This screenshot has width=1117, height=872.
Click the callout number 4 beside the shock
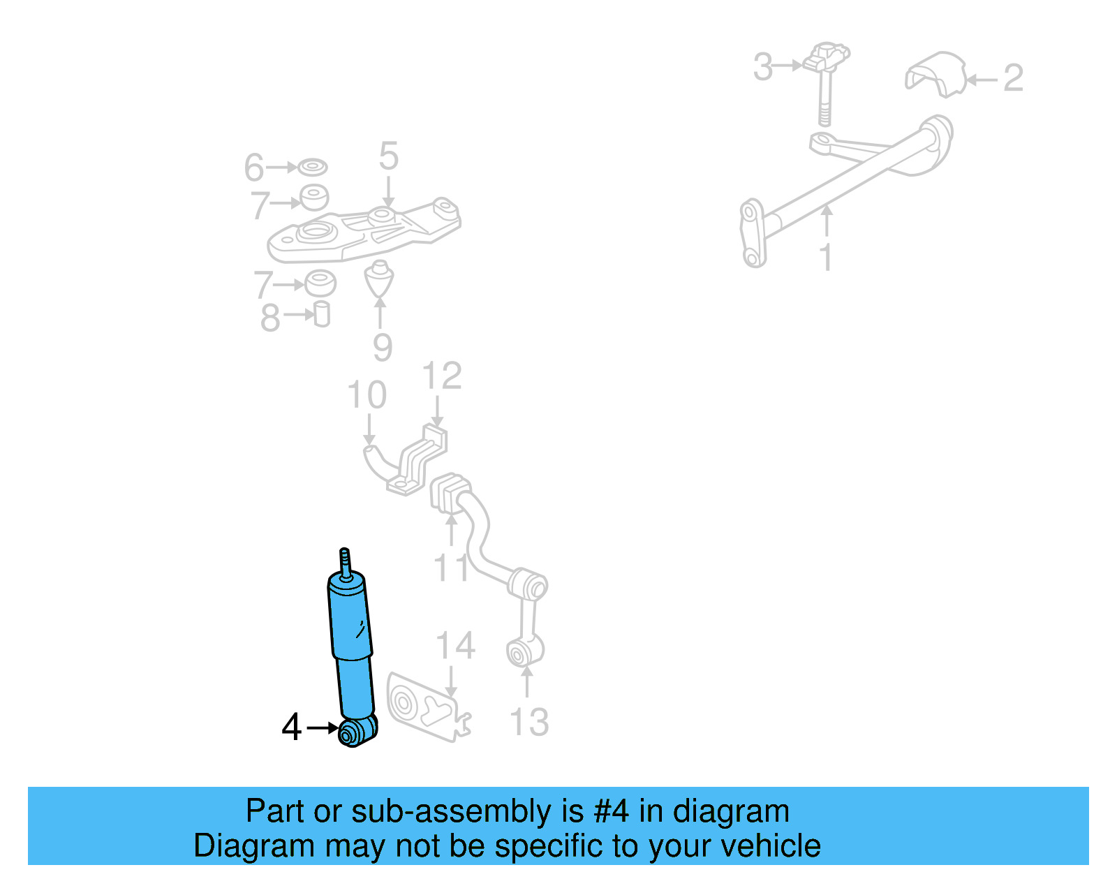coord(291,727)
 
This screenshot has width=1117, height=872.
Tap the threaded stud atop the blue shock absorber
coord(344,561)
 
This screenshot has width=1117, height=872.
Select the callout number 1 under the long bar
coord(827,257)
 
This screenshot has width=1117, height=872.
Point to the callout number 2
coord(1012,78)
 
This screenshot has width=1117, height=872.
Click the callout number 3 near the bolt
coord(763,67)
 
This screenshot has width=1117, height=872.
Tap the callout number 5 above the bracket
coord(388,156)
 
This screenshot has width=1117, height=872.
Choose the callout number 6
coord(253,168)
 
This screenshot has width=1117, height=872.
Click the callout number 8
coord(269,318)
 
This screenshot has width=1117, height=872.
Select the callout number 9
coord(382,347)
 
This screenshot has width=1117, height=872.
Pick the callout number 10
coord(367,395)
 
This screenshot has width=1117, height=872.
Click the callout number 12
coord(441,376)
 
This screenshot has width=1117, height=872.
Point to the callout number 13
coord(529,722)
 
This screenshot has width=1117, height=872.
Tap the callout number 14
coord(455,646)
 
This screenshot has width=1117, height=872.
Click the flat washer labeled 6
coord(312,168)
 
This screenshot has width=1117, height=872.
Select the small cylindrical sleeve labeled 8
coord(321,314)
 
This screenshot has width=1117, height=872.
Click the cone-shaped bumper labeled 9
coord(379,279)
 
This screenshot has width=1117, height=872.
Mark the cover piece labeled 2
coord(935,73)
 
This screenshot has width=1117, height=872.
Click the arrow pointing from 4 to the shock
coord(322,727)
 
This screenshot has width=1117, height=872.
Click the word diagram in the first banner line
coord(731,811)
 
